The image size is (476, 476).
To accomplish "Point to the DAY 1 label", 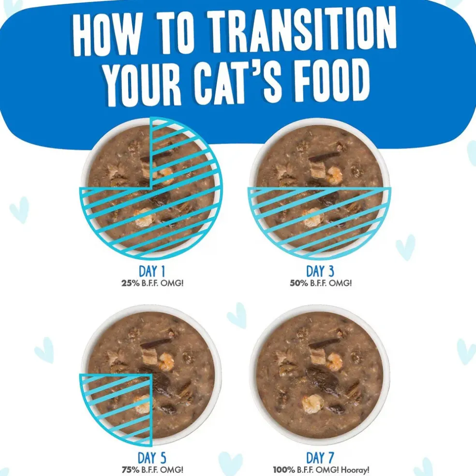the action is pyautogui.click(x=152, y=271).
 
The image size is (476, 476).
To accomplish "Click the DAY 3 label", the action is pyautogui.click(x=320, y=271).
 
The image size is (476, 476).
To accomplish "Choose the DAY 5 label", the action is pyautogui.click(x=152, y=458).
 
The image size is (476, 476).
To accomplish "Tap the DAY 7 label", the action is pyautogui.click(x=320, y=458).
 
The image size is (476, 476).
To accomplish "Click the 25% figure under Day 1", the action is pyautogui.click(x=131, y=283).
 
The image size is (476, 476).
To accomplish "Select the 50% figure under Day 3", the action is pyautogui.click(x=299, y=283).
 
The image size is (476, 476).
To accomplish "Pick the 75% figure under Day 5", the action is pyautogui.click(x=131, y=470).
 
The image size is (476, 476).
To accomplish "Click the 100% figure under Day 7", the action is pyautogui.click(x=284, y=470).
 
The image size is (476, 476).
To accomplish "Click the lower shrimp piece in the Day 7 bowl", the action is pyautogui.click(x=312, y=403).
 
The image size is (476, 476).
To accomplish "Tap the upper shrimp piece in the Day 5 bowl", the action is pyautogui.click(x=166, y=361).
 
